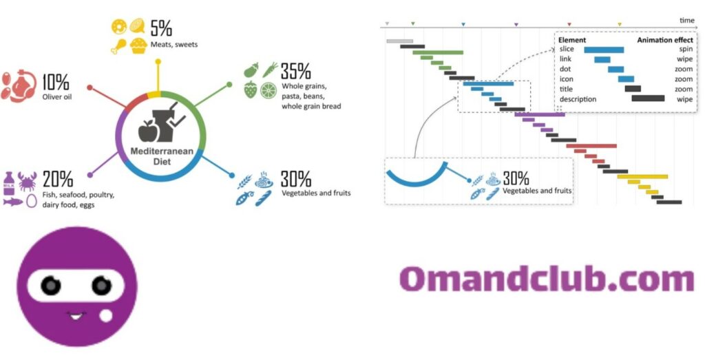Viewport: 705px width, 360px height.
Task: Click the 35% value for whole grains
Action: [295, 71]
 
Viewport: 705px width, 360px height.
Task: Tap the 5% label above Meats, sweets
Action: [161, 28]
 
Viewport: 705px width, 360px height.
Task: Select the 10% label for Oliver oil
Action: [56, 82]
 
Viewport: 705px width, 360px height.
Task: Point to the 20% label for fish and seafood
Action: [58, 179]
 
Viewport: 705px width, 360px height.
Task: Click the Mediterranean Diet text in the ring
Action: [162, 156]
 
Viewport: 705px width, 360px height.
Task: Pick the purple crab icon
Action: [28, 181]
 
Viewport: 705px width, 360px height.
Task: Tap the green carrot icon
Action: [270, 70]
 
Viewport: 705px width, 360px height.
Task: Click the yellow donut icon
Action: [119, 27]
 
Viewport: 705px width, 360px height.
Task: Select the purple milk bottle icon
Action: [9, 183]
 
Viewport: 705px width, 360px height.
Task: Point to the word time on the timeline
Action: [686, 20]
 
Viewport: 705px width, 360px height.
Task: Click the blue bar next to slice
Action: [604, 50]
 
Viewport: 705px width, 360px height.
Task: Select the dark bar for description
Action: [648, 98]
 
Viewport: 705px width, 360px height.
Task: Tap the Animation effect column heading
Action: [665, 40]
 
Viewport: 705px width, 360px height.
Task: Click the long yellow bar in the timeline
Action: [642, 177]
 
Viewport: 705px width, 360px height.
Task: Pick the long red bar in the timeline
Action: [591, 146]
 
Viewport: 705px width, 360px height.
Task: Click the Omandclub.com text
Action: [547, 279]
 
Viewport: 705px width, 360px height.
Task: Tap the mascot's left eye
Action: [51, 286]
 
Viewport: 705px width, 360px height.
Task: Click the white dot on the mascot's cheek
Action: [106, 316]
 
